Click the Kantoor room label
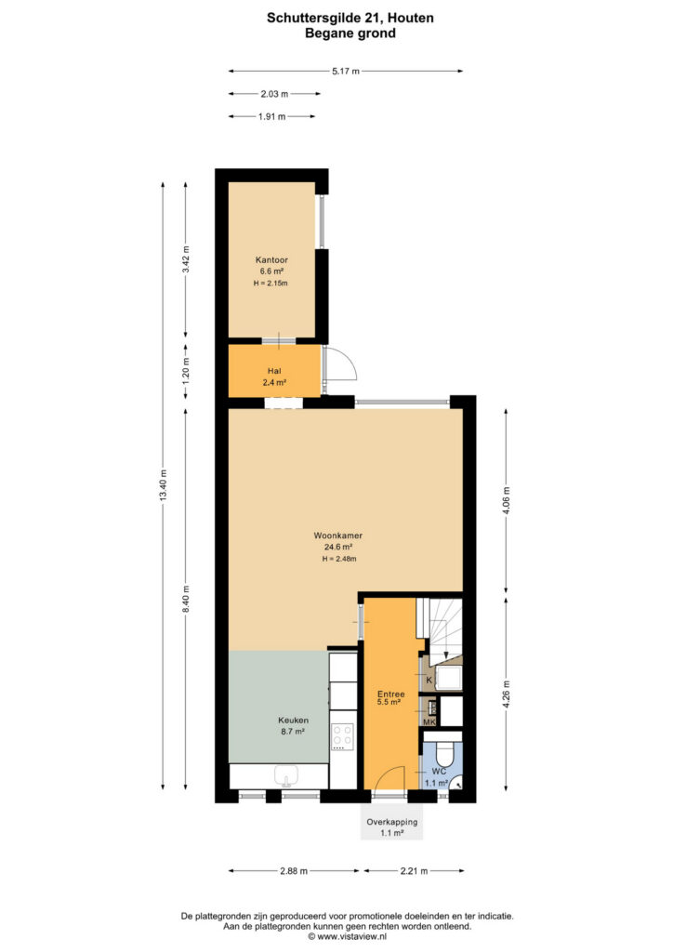[271, 260]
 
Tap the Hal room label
[274, 371]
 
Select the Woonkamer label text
[338, 535]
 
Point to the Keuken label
[293, 721]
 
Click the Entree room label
[390, 694]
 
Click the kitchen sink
[284, 775]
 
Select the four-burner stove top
[343, 736]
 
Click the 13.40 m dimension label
[163, 486]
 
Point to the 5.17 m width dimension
[345, 71]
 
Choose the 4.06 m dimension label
[506, 500]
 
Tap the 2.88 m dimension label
[294, 870]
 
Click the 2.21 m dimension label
[414, 870]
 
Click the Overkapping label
[392, 822]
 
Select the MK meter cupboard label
[429, 721]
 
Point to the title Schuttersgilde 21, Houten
[350, 18]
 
